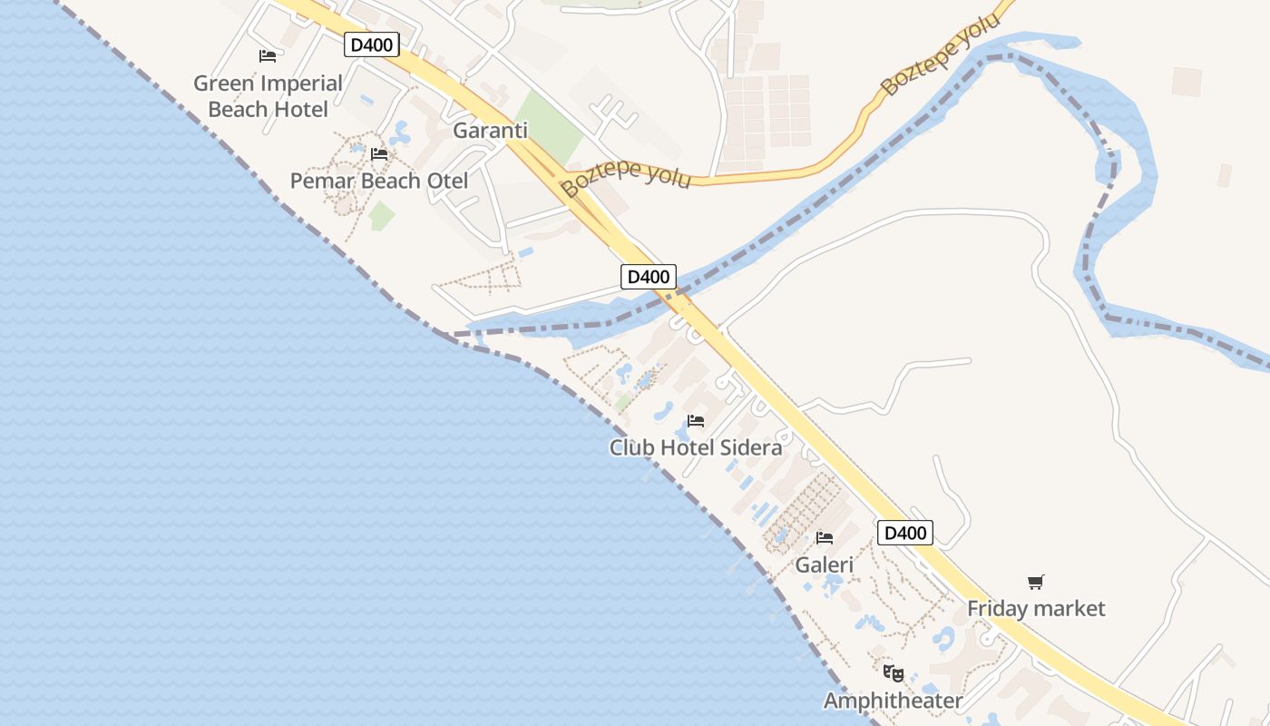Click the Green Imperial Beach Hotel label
(x=269, y=96)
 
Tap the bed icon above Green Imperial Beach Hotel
(x=268, y=56)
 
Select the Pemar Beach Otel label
(x=379, y=181)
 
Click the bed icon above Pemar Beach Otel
(x=379, y=154)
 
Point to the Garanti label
(x=490, y=130)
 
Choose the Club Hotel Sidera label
(x=696, y=447)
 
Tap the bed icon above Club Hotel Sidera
(x=696, y=421)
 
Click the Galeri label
(x=825, y=564)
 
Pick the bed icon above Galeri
(x=825, y=538)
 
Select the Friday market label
(x=1036, y=608)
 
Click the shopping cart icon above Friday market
(x=1036, y=582)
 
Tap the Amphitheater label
(x=894, y=701)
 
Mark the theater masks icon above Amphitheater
(x=894, y=673)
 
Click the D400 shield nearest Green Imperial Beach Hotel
(x=372, y=44)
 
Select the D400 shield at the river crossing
(x=649, y=277)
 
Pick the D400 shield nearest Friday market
(x=905, y=533)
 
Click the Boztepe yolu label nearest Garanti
(x=626, y=178)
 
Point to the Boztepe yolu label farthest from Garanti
(x=941, y=54)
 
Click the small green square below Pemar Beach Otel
(x=382, y=216)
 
